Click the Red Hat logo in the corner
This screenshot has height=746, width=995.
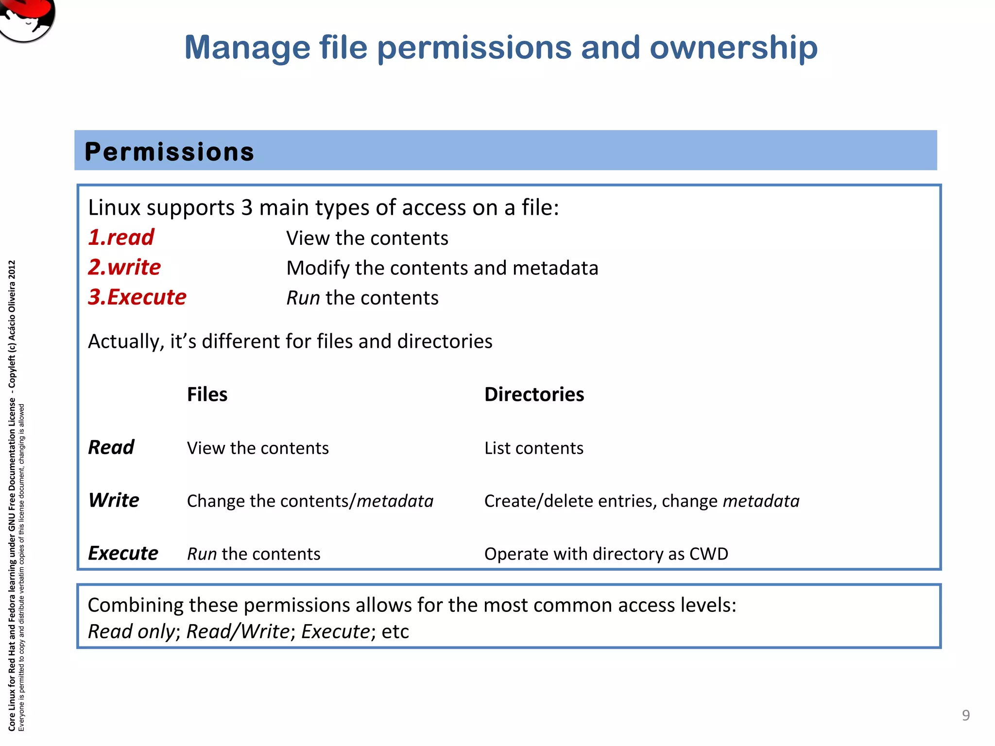[x=27, y=18]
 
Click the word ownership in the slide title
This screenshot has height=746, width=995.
[x=734, y=48]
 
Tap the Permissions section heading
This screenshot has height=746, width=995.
[x=169, y=152]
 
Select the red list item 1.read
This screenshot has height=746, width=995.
[x=121, y=237]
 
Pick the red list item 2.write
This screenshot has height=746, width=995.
[x=124, y=267]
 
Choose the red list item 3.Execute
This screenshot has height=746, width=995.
[x=137, y=297]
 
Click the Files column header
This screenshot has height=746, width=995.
[x=207, y=394]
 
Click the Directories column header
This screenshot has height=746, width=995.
[x=534, y=394]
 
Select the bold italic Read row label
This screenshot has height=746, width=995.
[x=111, y=447]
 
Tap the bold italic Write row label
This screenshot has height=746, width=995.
[x=114, y=500]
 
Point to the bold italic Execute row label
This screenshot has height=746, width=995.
[x=123, y=553]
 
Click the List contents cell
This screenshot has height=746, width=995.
[x=533, y=448]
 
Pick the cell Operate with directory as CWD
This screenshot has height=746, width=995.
[x=606, y=554]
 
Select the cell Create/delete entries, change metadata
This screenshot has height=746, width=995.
[x=641, y=501]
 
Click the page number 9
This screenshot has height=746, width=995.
[x=966, y=715]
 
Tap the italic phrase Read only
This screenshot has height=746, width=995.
[x=131, y=631]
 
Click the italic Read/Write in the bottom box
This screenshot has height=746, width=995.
[x=238, y=631]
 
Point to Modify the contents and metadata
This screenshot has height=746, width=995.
[x=442, y=268]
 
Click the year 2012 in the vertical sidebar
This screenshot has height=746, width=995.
[x=12, y=270]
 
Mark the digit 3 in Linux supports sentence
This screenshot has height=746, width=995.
[x=247, y=208]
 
